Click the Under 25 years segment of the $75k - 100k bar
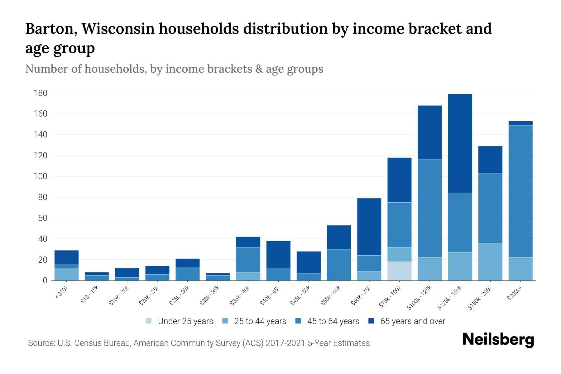(399, 271)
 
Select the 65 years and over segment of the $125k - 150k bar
(460, 143)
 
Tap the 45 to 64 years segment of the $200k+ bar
(520, 191)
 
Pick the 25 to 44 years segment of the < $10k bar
(66, 274)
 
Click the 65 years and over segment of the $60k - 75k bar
(369, 227)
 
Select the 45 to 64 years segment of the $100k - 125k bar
(429, 208)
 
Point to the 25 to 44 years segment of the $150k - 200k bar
(490, 261)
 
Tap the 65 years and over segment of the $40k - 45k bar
(278, 254)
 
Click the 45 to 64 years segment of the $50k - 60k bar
(339, 265)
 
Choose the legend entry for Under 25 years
(180, 321)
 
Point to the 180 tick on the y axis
(41, 93)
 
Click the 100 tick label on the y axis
(41, 176)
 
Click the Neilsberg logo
(498, 340)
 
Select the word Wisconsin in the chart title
(118, 29)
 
